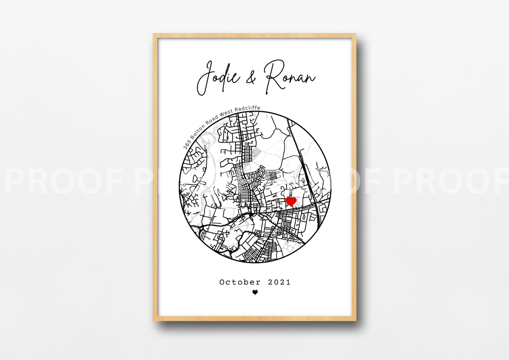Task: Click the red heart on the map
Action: tap(291, 201)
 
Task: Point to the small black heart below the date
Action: tap(255, 292)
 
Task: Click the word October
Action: tap(240, 282)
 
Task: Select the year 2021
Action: tap(279, 282)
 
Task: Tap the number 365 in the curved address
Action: tap(187, 145)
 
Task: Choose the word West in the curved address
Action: tap(226, 112)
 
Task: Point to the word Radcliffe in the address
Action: tap(247, 108)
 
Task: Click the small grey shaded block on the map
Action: tap(256, 152)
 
